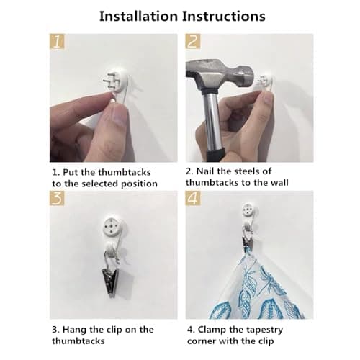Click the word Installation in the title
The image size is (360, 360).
coord(138,17)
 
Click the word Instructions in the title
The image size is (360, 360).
coord(224,17)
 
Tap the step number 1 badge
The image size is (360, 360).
coord(57,41)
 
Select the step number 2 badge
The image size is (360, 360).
coord(193,41)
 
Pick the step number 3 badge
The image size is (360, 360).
coord(57,198)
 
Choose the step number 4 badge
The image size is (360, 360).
coord(193,198)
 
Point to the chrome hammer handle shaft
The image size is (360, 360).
coord(212,121)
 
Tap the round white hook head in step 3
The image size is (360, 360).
coord(112,227)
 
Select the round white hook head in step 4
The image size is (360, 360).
coord(248,210)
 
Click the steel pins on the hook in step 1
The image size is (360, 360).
coord(111,81)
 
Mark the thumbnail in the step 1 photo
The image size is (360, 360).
coord(117,117)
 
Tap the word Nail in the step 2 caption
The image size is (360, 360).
coord(205,171)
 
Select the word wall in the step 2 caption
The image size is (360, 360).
coord(279,183)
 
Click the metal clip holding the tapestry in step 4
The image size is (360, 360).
coord(247,241)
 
